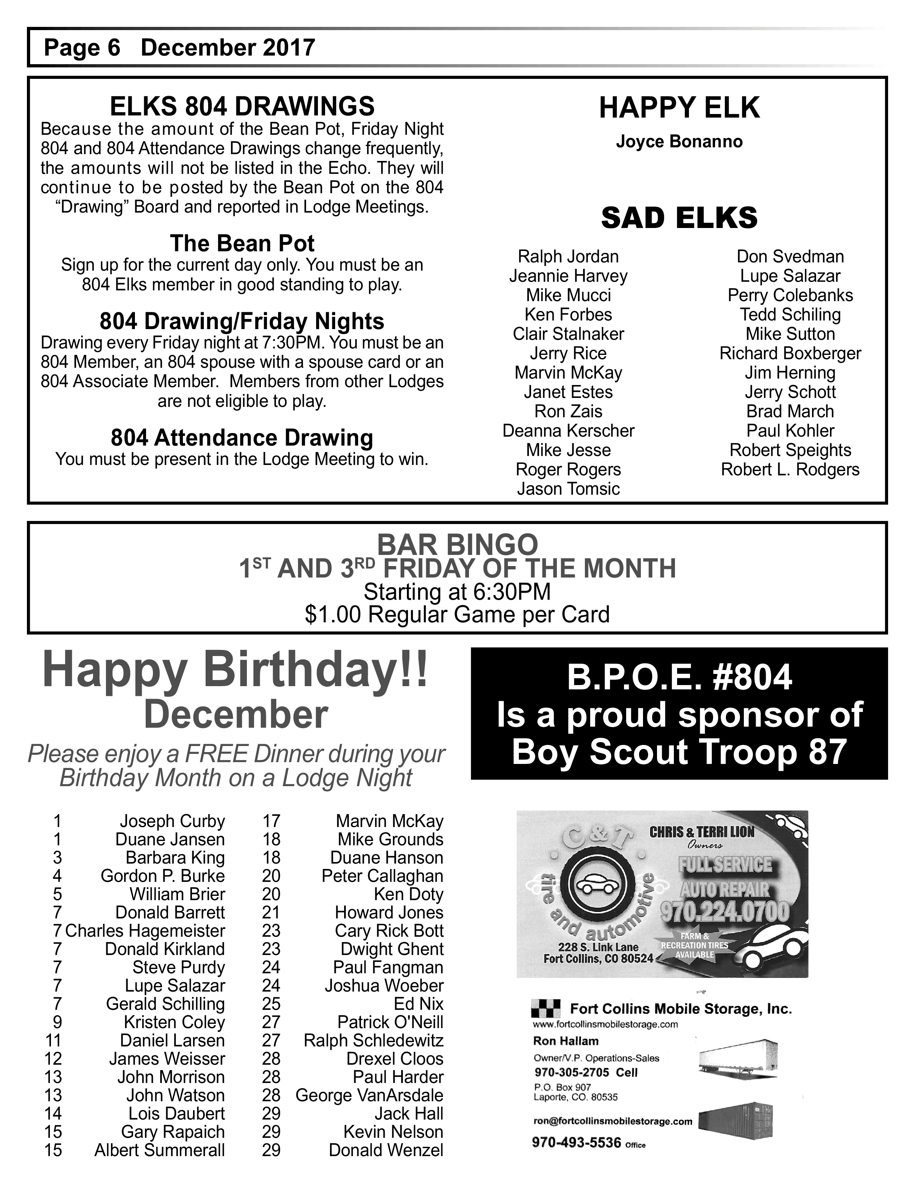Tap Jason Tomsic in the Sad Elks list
tap(568, 489)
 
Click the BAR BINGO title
tap(457, 545)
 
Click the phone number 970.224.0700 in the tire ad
tap(725, 912)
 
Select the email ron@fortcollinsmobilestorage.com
tap(613, 1121)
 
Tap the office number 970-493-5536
tap(576, 1143)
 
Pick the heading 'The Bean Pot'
tap(242, 244)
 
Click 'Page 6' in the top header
tap(82, 48)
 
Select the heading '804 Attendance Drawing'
tap(242, 438)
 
